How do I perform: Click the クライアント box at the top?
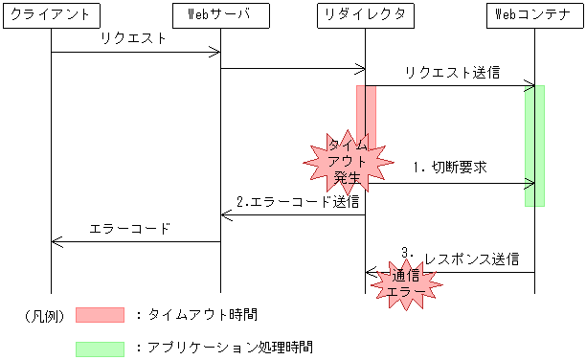point(51,14)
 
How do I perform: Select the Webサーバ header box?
point(221,14)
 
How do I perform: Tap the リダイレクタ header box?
point(366,14)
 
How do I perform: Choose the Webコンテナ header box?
point(533,14)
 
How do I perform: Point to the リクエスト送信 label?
point(451,73)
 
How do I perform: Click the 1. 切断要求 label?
point(450,167)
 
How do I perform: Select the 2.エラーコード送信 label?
point(298,202)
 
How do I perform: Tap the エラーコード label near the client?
point(129,229)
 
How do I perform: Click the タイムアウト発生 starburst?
point(347,162)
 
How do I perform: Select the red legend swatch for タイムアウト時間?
point(100,314)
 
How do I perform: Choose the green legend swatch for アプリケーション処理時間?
point(100,348)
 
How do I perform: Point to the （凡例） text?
point(44,315)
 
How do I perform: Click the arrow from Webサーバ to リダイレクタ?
point(293,68)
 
